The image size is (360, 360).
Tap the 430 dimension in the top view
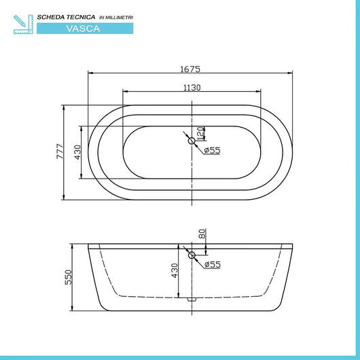click(x=77, y=153)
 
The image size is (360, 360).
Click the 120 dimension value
click(x=200, y=132)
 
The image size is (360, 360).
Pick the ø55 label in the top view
click(x=212, y=151)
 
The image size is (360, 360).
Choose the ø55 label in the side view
click(x=212, y=264)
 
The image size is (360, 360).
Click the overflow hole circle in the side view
click(x=192, y=255)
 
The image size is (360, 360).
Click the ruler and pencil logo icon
click(x=22, y=22)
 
